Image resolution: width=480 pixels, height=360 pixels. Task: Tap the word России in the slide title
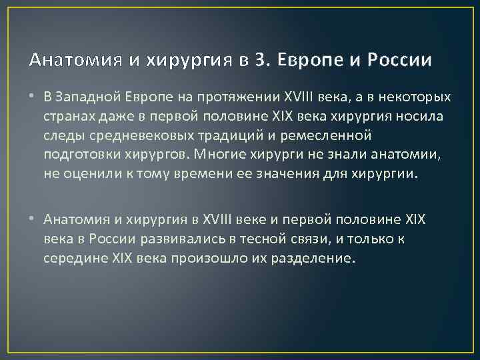click(x=400, y=61)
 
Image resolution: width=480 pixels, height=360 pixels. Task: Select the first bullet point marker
click(x=33, y=98)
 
